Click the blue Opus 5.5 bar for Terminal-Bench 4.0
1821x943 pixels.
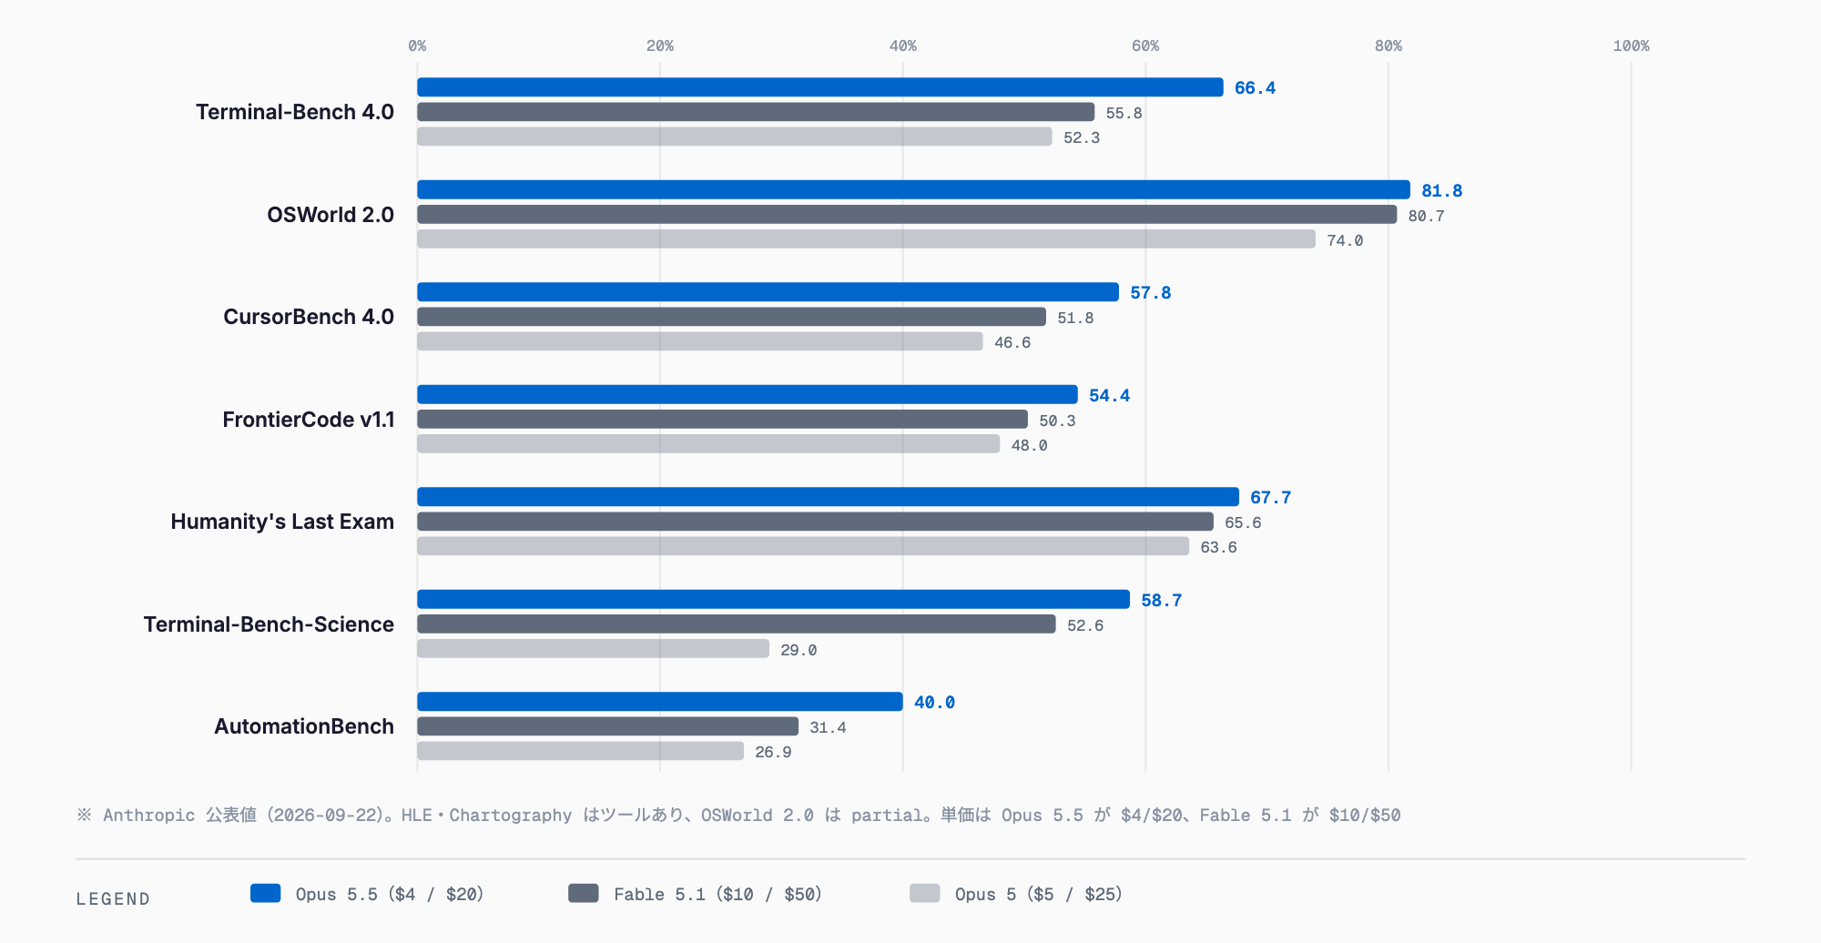tap(820, 87)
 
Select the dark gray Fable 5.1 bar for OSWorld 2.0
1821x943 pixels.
tap(907, 215)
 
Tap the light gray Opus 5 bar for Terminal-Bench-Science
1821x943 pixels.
tap(593, 649)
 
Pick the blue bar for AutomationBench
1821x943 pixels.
tap(660, 702)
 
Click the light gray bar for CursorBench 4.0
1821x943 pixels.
tap(700, 341)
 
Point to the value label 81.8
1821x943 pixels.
tap(1442, 191)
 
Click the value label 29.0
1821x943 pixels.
tap(799, 650)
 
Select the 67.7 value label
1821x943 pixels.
tap(1271, 498)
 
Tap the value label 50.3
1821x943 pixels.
tap(1057, 421)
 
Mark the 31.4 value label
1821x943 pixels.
tap(828, 727)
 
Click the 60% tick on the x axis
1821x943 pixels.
tap(1145, 46)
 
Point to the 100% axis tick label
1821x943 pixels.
tap(1631, 46)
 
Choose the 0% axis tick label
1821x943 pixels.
tap(417, 46)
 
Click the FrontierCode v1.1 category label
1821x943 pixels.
tap(309, 420)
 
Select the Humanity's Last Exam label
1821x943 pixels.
tap(282, 522)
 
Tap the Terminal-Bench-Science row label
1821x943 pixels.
tap(269, 624)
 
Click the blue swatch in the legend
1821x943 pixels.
tap(265, 893)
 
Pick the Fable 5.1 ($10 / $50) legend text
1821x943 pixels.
tap(717, 895)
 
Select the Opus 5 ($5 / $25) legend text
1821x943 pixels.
tap(1039, 895)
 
